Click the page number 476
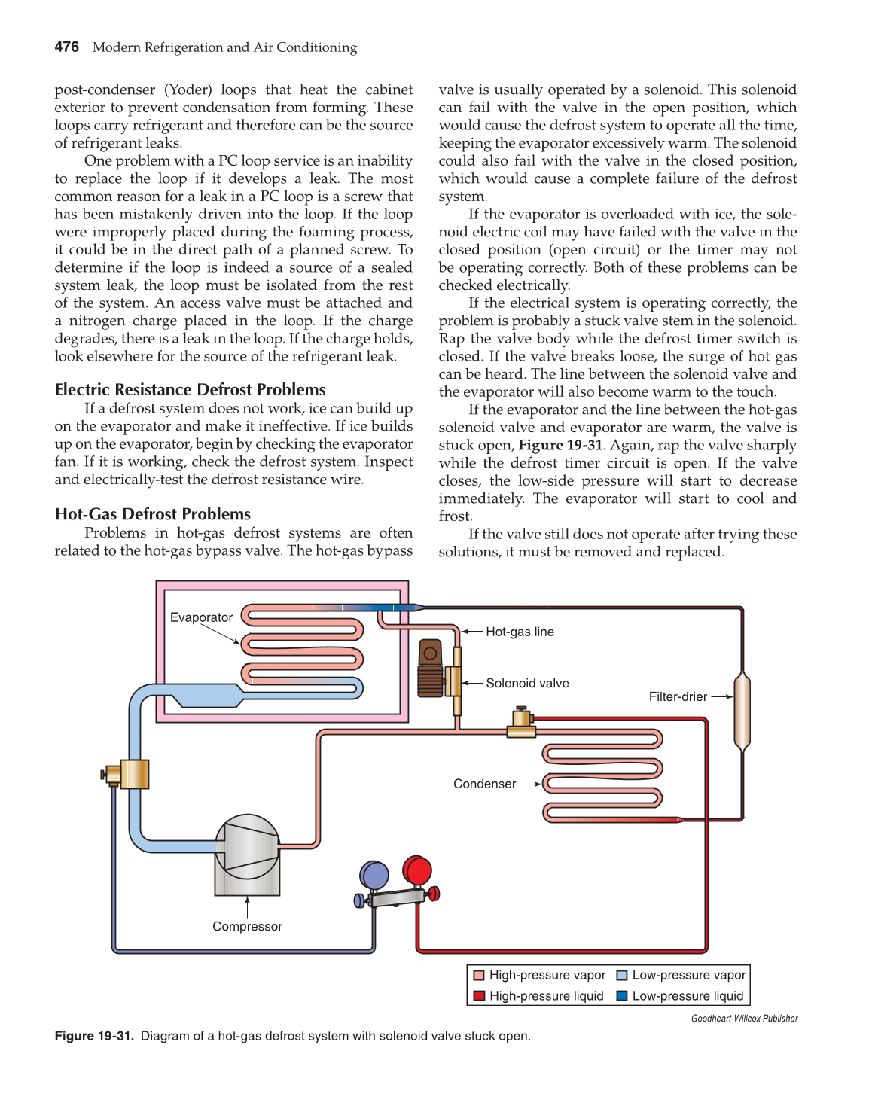[x=66, y=47]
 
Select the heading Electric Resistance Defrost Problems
[x=190, y=389]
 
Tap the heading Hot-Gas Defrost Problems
[x=152, y=514]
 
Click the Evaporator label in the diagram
[x=201, y=617]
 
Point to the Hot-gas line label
[x=520, y=632]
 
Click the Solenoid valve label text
[x=527, y=683]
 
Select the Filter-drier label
[x=678, y=696]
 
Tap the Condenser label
[x=484, y=784]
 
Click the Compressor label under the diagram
[x=247, y=926]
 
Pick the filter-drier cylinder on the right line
[x=742, y=711]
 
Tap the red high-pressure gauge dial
[x=417, y=870]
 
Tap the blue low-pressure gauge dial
[x=374, y=876]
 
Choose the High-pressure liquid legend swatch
[x=478, y=996]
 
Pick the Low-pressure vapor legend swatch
[x=622, y=975]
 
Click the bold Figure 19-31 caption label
[x=94, y=1036]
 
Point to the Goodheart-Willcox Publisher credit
[x=744, y=1019]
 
